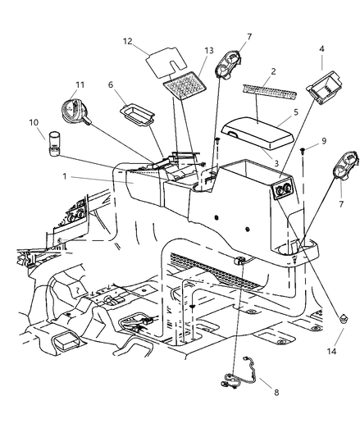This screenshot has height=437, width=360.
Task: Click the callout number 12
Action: click(x=127, y=41)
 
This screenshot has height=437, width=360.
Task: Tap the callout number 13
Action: click(x=209, y=51)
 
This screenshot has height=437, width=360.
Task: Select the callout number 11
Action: click(x=80, y=84)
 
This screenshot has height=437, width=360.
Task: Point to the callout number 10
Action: click(x=34, y=122)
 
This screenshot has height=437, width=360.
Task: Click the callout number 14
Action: click(x=331, y=352)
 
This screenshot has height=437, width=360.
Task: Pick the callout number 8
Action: click(x=276, y=393)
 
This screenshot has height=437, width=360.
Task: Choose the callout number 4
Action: click(x=321, y=48)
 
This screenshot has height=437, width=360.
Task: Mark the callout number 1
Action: click(x=65, y=176)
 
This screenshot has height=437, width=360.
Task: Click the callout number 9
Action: click(x=324, y=141)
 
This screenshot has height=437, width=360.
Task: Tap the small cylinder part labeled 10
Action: click(x=53, y=144)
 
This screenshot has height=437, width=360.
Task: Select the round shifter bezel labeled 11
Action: click(x=75, y=112)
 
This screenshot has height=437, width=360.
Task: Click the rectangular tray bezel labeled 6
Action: click(x=137, y=115)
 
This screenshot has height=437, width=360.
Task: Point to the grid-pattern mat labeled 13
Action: click(x=185, y=84)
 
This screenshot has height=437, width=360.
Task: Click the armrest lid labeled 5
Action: click(x=257, y=133)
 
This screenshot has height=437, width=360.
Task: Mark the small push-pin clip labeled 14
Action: click(x=344, y=318)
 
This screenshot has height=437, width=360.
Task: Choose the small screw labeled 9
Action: click(x=303, y=151)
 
